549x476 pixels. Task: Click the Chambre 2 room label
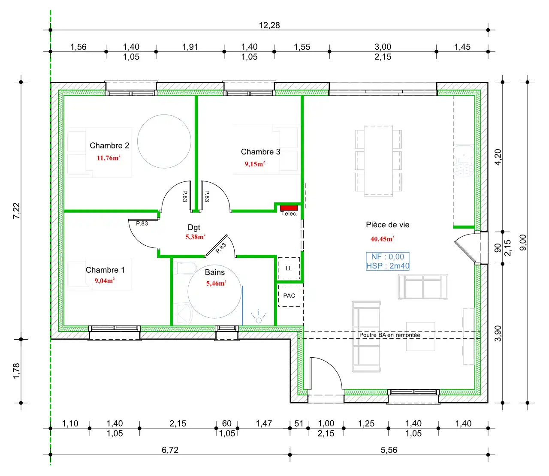pos(109,145)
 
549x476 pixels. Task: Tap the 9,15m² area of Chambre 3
pos(255,164)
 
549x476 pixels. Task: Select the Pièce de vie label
pos(387,225)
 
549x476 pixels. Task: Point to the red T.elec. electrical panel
pos(289,208)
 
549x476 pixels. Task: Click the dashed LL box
pos(289,268)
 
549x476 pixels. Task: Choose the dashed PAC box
pos(289,295)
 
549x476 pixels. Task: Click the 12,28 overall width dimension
pos(269,25)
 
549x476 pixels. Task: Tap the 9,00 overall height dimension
pos(523,243)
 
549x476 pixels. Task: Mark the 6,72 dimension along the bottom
pos(170,450)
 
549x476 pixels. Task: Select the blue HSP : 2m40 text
pos(388,265)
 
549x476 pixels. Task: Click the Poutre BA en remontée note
pos(389,335)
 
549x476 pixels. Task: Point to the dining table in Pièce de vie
pos(378,160)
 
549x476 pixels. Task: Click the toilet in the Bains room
pos(184,268)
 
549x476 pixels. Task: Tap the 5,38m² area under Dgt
pos(195,237)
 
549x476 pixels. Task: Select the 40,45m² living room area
pos(382,239)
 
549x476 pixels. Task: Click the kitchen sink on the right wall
pos(464,161)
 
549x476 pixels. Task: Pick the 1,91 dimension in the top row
pos(190,47)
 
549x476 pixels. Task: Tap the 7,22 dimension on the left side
pos(16,211)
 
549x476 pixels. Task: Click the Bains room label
pos(214,272)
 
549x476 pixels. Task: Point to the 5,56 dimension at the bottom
pos(389,450)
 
